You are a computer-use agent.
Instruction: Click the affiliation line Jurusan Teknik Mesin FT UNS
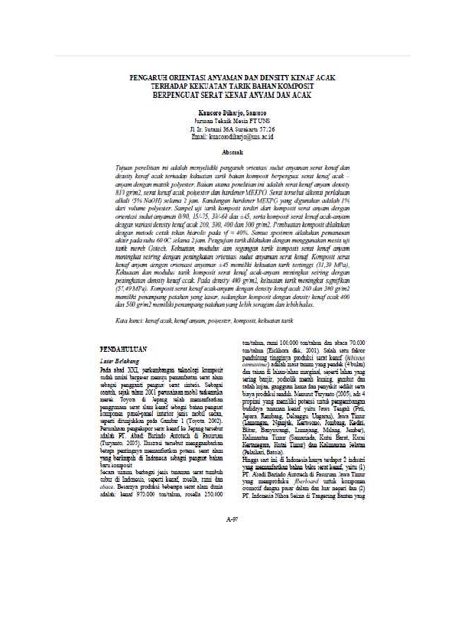click(226, 121)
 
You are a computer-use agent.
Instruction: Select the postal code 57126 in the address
click(265, 128)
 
